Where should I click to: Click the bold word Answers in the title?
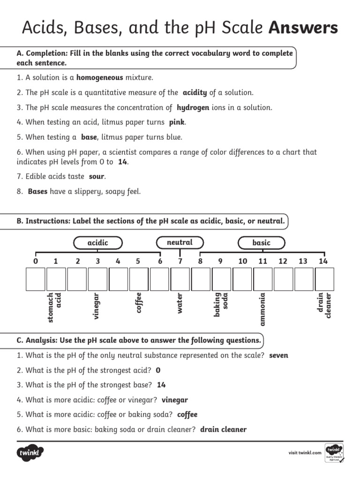(303, 28)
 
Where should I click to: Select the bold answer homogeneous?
(100, 78)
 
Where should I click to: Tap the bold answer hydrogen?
(193, 108)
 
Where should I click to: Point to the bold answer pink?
(177, 122)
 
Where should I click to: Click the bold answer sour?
(97, 177)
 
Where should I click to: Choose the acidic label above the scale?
(98, 243)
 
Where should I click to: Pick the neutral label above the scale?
(180, 242)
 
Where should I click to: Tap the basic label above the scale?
(261, 243)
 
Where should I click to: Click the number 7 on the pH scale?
(180, 261)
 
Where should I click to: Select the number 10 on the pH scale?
(242, 261)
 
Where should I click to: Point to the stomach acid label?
(54, 307)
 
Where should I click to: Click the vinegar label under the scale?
(97, 306)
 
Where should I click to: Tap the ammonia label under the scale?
(262, 309)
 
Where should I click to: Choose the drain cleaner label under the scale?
(324, 305)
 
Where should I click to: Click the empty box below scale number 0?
(36, 279)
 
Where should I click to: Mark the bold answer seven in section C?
(278, 355)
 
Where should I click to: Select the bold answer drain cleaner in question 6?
(223, 429)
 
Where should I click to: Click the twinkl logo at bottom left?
(30, 453)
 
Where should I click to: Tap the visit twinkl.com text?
(305, 453)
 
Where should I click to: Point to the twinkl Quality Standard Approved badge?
(334, 453)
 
